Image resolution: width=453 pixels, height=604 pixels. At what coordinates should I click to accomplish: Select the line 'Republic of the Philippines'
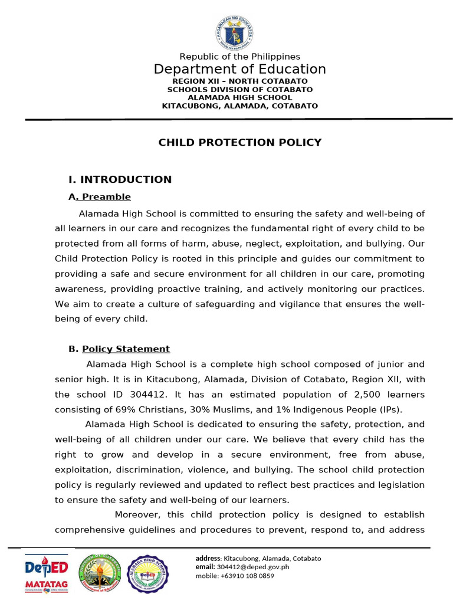[x=239, y=57]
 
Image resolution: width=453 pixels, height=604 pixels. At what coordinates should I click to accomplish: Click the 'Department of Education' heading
[x=239, y=69]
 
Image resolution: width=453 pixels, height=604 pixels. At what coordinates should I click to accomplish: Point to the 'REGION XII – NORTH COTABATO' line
[x=239, y=81]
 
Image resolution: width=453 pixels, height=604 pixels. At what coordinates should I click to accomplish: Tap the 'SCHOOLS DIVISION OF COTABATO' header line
[x=239, y=90]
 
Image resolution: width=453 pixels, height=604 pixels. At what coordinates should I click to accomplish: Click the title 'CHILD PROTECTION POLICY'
[x=239, y=142]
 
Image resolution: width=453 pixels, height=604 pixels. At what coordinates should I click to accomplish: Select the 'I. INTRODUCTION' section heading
[x=120, y=179]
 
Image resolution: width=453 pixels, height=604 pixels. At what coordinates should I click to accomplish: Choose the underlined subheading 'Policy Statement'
[x=126, y=349]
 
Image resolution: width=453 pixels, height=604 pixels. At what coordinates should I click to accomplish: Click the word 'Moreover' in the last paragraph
[x=136, y=515]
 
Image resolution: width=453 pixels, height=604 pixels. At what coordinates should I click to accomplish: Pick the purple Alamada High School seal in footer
[x=149, y=574]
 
